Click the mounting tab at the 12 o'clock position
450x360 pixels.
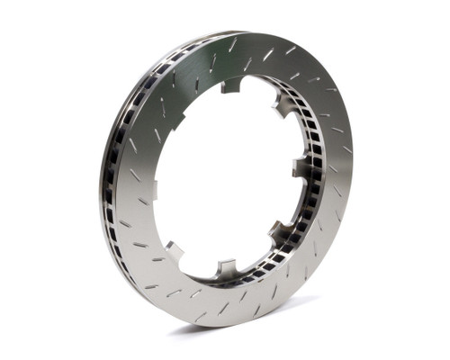(232, 85)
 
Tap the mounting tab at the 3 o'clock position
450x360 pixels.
(301, 167)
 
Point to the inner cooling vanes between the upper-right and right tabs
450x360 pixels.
(298, 135)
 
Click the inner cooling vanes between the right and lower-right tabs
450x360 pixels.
(295, 202)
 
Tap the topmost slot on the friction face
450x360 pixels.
(233, 44)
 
